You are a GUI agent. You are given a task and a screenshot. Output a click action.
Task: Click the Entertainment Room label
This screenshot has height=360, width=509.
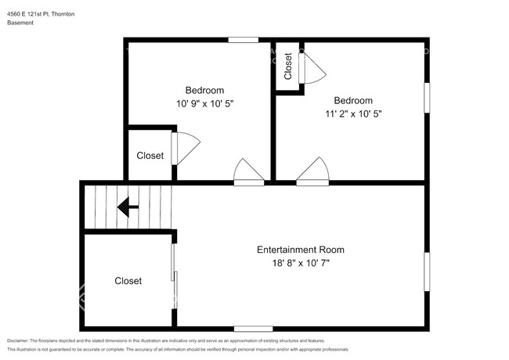[x=301, y=250]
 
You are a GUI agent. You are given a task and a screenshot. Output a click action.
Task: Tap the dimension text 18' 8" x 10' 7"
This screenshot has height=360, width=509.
[x=301, y=263]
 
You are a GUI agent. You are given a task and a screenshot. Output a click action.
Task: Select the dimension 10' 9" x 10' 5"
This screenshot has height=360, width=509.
[x=205, y=104]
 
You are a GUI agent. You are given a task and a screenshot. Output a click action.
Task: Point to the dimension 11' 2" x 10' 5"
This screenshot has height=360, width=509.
[x=353, y=113]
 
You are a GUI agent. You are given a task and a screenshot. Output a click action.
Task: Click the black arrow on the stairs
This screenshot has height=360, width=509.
[x=128, y=207]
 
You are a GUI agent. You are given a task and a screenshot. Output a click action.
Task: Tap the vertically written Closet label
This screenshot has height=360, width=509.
[x=288, y=67]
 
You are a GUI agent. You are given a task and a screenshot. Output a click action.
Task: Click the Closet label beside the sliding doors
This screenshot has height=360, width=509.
[x=128, y=281]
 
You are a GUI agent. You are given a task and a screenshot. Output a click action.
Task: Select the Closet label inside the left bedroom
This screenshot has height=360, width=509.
[x=150, y=156]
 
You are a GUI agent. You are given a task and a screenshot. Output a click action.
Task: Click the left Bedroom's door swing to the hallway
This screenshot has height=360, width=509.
[x=249, y=172]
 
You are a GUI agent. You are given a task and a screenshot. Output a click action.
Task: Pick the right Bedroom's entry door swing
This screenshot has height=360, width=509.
[x=312, y=171]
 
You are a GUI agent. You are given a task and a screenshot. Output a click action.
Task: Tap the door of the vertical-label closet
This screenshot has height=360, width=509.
[x=312, y=68]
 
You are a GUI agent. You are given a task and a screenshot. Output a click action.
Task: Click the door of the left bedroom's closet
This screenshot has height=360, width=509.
[x=186, y=149]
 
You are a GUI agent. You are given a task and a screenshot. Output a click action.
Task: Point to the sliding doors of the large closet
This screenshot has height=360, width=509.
[x=175, y=276]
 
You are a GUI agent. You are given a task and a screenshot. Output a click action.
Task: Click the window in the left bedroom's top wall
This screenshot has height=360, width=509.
[x=243, y=40]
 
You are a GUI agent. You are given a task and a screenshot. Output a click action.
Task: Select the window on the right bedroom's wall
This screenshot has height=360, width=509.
[x=428, y=98]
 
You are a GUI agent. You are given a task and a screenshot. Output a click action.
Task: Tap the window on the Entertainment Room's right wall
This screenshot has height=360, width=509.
[x=428, y=272]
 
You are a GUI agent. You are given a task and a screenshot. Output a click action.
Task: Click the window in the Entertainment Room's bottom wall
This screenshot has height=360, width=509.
[x=253, y=329]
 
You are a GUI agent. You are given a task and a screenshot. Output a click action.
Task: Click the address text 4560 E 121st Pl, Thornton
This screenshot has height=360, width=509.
[x=41, y=14]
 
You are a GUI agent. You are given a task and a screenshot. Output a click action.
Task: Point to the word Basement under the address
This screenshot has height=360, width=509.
[x=20, y=23]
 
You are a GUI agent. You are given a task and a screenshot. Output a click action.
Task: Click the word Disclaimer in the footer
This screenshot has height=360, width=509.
[x=17, y=341]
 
